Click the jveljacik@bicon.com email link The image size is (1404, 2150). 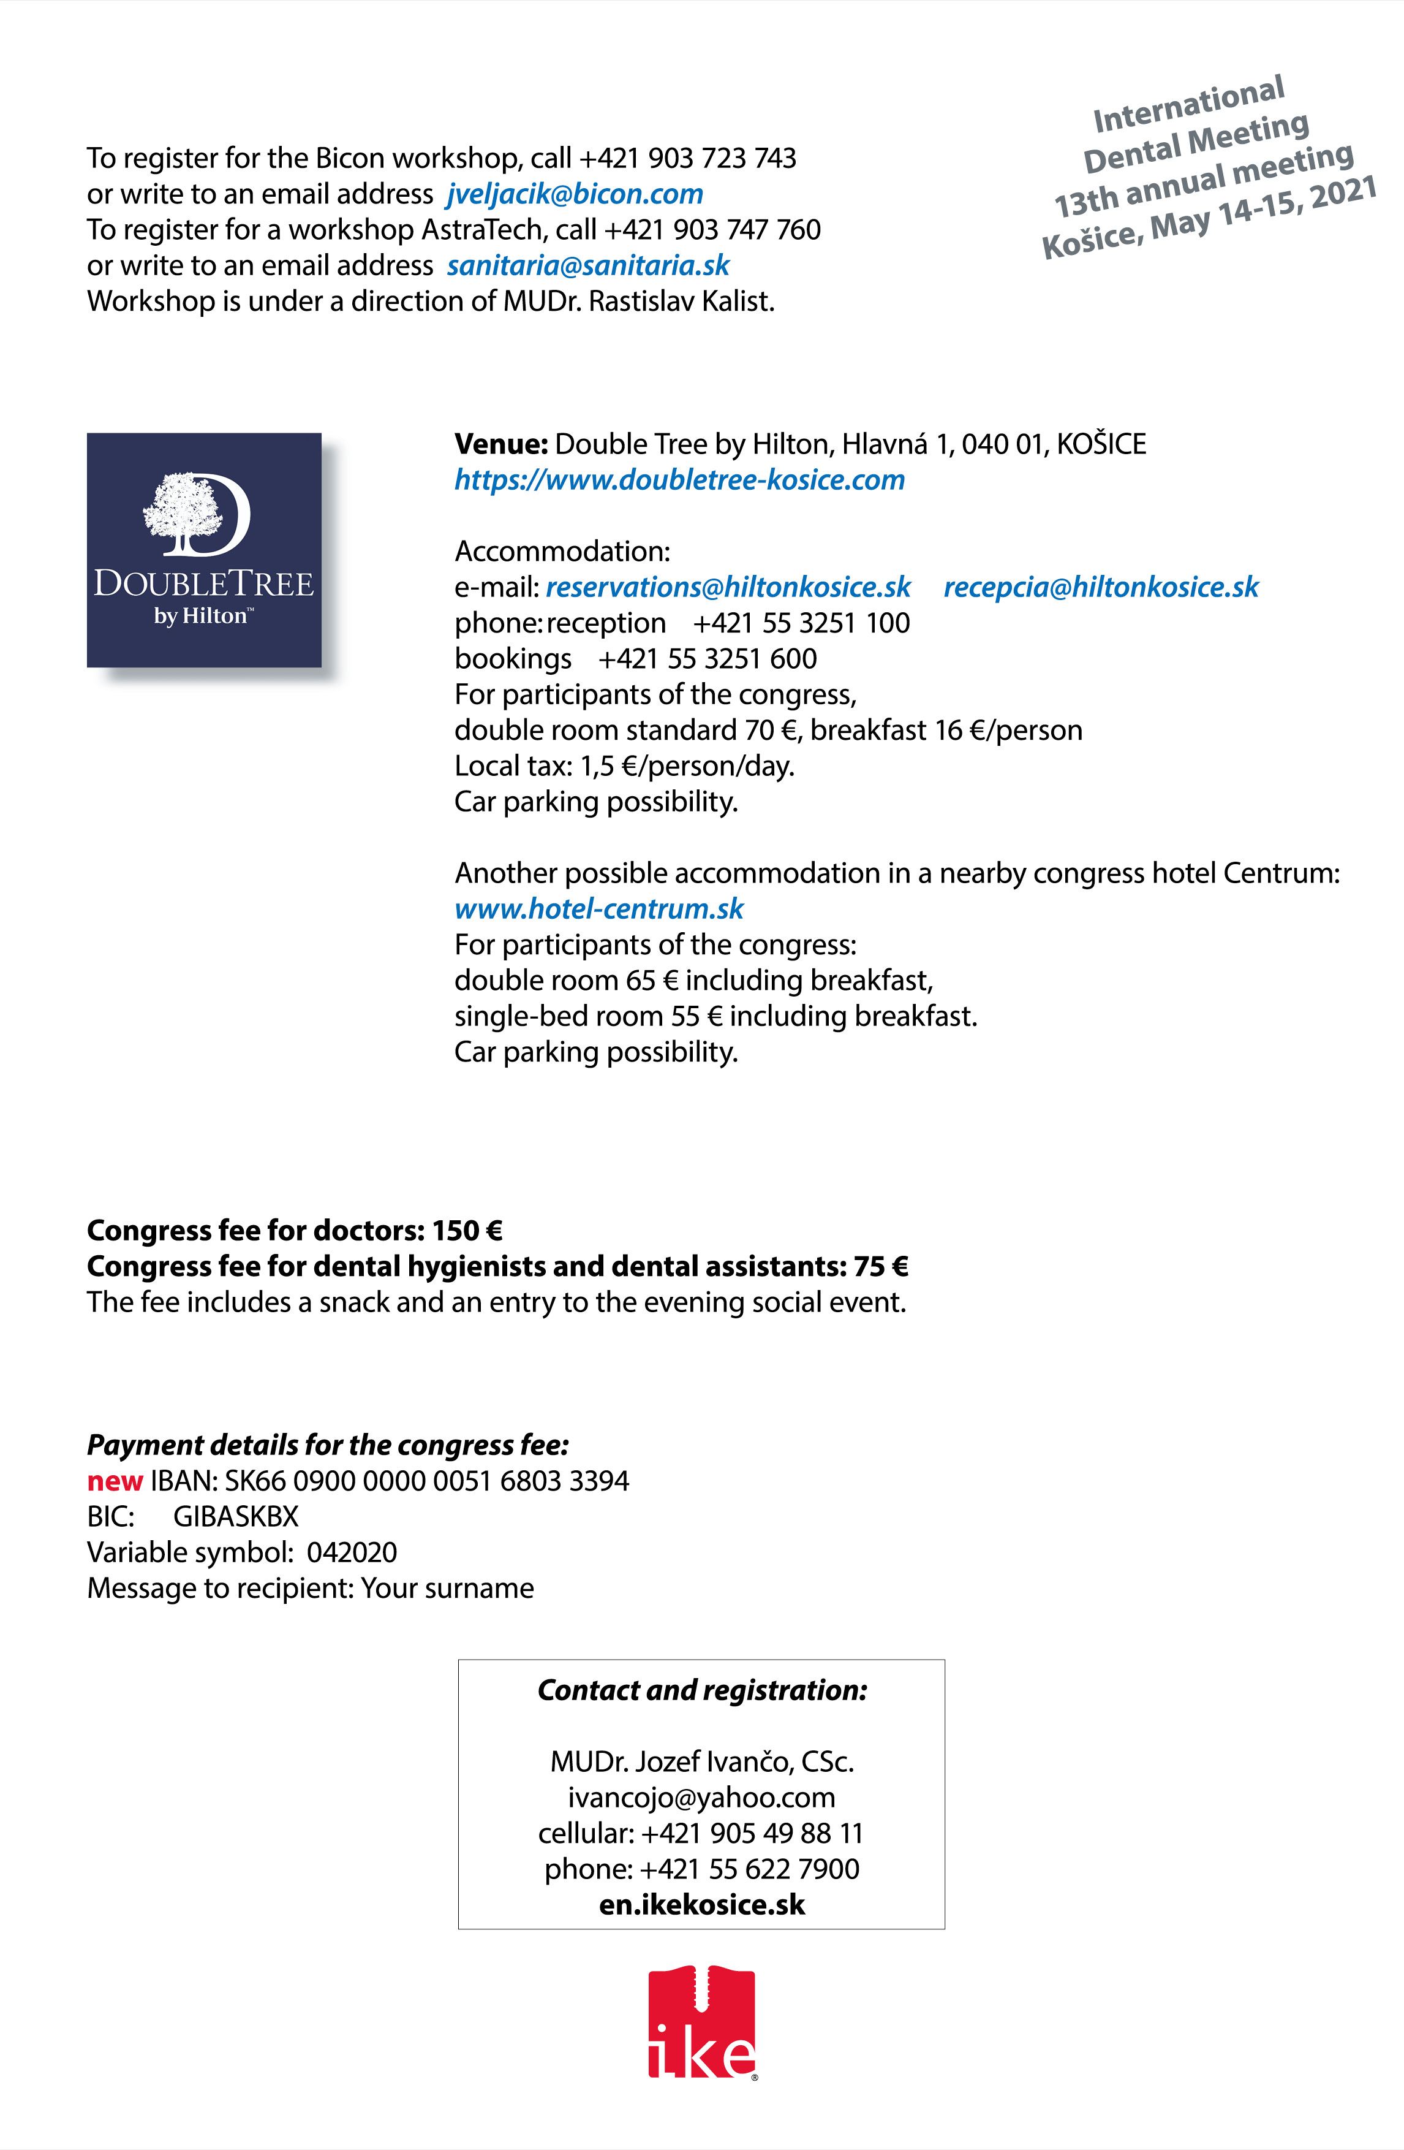pos(574,194)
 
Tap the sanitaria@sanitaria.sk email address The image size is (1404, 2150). pos(588,265)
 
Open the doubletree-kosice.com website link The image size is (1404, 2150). pos(679,480)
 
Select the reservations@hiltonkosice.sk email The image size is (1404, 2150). pos(728,587)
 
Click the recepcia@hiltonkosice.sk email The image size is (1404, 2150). pos(1101,587)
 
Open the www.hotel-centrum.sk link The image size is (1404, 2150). pos(598,909)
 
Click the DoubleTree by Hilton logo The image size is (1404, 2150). pos(204,550)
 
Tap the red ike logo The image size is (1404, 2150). pos(701,2024)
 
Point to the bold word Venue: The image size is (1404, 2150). pos(501,444)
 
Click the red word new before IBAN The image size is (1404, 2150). pos(115,1481)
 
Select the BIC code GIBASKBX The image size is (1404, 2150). pos(236,1517)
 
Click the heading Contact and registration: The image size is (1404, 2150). pos(701,1690)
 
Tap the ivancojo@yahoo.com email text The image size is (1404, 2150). pos(701,1798)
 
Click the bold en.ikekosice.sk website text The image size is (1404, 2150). pos(701,1905)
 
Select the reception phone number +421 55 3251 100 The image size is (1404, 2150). pos(801,623)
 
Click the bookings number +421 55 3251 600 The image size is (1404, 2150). pos(707,659)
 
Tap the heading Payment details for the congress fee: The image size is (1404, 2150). pos(328,1445)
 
